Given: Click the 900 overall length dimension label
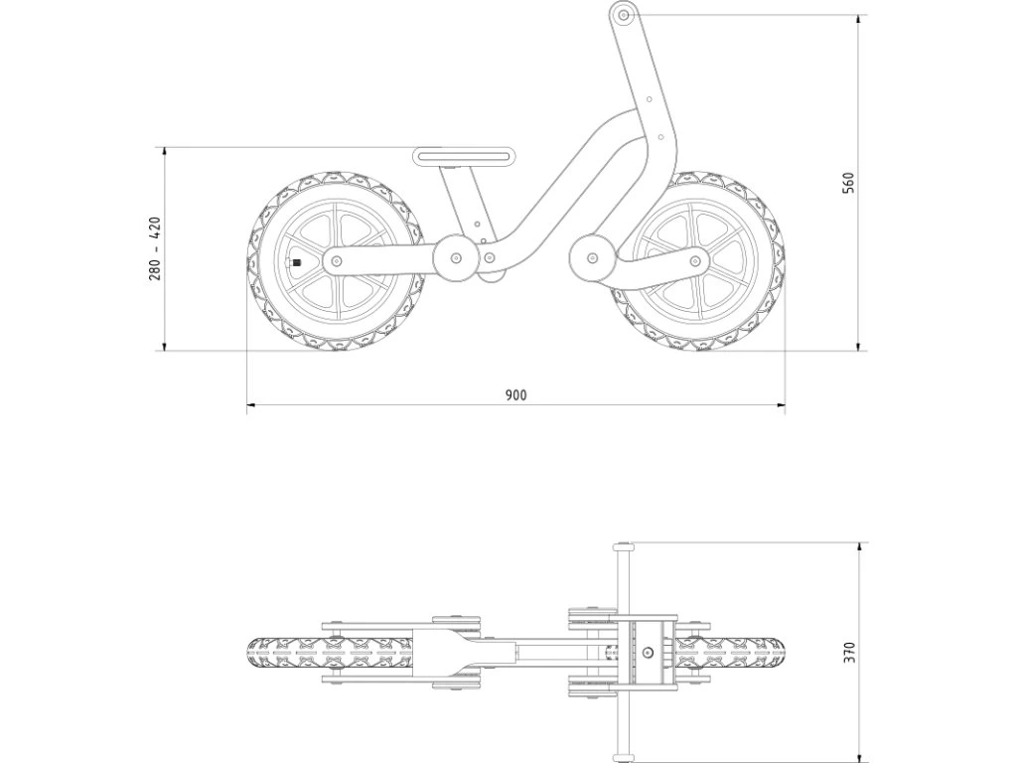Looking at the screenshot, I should point(514,394).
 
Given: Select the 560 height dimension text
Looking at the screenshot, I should point(847,183).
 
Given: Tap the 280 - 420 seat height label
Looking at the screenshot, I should point(155,248).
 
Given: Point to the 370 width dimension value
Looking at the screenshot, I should point(847,652).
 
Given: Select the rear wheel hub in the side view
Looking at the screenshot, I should point(336,261).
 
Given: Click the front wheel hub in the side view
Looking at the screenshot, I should point(695,261).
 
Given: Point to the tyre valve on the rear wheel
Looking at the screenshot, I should point(294,262).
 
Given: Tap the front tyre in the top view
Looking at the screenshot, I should point(735,653).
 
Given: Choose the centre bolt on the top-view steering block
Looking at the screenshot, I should point(648,653).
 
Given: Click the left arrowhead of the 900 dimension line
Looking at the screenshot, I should point(250,405).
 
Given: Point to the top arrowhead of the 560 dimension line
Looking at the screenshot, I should point(860,19).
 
